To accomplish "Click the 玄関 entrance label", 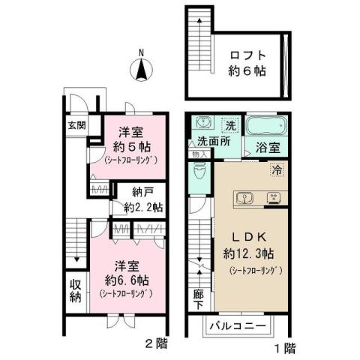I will point(76,125).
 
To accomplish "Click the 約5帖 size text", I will point(123,145).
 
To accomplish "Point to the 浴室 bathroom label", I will point(266,148).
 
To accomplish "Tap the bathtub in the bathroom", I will point(266,124).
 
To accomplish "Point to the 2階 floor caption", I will point(156,346).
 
